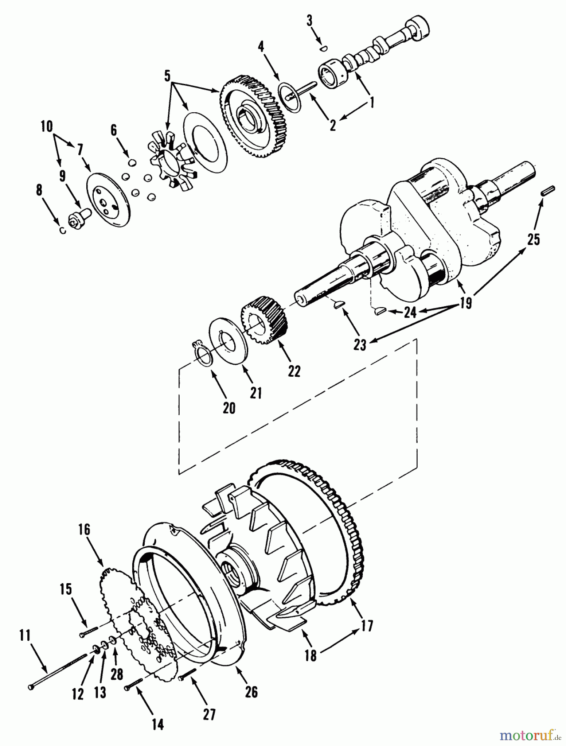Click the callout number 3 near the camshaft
(309, 21)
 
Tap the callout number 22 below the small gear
(294, 371)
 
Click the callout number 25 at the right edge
(533, 239)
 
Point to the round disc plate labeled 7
(109, 199)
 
